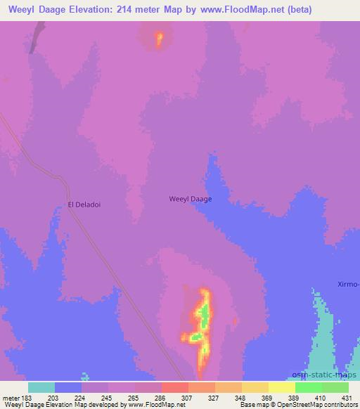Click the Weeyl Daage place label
pyautogui.click(x=191, y=199)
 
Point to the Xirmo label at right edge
pyautogui.click(x=347, y=284)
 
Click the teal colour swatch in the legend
pyautogui.click(x=41, y=387)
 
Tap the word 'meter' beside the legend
pyautogui.click(x=11, y=398)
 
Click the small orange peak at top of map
pyautogui.click(x=159, y=38)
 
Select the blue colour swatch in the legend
pyautogui.click(x=68, y=387)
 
